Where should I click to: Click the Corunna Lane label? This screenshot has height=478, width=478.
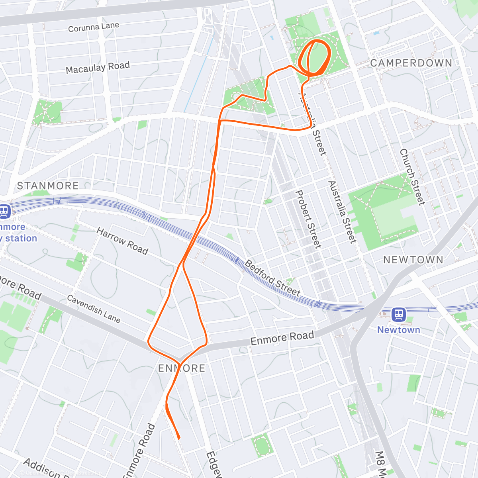click(94, 27)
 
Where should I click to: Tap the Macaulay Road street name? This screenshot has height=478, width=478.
click(98, 68)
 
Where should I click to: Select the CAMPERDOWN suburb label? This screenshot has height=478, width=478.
click(411, 63)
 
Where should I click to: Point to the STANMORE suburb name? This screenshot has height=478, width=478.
click(48, 186)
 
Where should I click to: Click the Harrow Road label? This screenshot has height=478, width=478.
click(122, 241)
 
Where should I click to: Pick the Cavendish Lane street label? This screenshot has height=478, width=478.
click(94, 309)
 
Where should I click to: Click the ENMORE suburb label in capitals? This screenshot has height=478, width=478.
click(182, 368)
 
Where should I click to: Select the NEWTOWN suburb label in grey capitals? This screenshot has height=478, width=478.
click(413, 260)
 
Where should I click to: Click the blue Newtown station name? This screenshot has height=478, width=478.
click(398, 330)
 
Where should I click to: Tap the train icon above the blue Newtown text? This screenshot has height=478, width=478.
click(398, 315)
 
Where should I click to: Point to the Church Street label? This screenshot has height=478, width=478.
click(412, 177)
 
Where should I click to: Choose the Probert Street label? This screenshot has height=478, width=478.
click(308, 219)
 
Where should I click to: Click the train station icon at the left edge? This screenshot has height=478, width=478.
click(4, 211)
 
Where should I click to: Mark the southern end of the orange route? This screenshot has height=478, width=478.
click(179, 438)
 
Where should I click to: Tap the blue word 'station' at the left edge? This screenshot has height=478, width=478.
click(21, 239)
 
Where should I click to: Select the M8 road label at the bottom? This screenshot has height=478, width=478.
click(380, 464)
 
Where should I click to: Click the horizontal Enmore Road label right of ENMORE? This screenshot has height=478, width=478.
click(282, 339)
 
